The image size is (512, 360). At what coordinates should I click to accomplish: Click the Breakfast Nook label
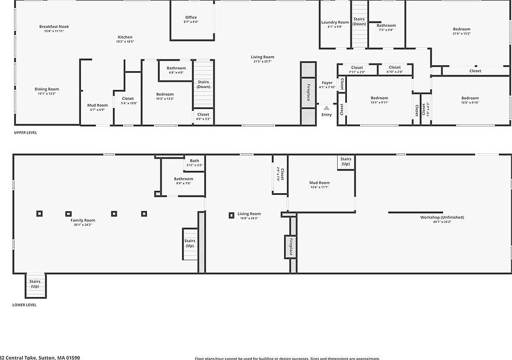[54, 26]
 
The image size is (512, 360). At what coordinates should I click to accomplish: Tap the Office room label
[191, 17]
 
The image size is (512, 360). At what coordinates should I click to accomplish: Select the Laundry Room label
[335, 22]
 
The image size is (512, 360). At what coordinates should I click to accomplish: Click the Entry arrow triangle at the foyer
[327, 108]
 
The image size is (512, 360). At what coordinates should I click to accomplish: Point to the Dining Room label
[47, 89]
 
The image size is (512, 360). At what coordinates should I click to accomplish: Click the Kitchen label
[125, 37]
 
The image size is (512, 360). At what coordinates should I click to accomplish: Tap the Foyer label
[327, 83]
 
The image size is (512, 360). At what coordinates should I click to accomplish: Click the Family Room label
[83, 220]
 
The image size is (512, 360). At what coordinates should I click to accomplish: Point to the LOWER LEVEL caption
[24, 305]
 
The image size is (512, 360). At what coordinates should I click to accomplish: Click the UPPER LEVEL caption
[26, 132]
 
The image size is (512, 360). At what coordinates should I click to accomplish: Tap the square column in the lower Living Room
[232, 215]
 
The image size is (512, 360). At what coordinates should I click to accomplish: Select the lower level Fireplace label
[290, 247]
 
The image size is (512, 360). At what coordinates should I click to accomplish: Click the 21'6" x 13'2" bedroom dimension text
[461, 34]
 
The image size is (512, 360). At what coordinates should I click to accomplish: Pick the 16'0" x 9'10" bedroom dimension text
[470, 103]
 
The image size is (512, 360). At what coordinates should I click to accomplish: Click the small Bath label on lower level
[194, 160]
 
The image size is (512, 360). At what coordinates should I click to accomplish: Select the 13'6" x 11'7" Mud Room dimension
[320, 187]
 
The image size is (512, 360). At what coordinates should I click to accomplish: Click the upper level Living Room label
[262, 57]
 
